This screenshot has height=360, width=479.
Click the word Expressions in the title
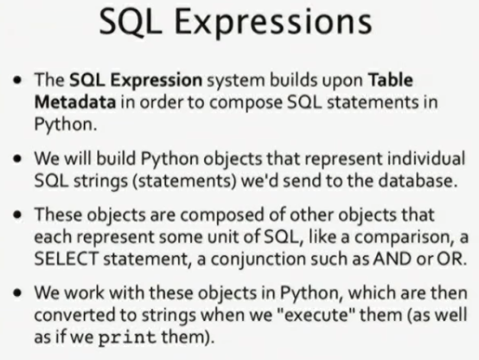(x=273, y=22)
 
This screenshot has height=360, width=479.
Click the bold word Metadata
(x=75, y=102)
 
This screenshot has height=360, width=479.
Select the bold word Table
(x=391, y=80)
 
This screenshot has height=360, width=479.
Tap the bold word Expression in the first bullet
(x=156, y=81)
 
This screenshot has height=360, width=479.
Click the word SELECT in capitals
(x=67, y=259)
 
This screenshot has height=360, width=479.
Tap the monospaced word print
(x=127, y=337)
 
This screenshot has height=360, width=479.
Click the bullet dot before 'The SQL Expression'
(x=17, y=80)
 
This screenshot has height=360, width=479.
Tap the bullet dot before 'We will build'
(x=17, y=158)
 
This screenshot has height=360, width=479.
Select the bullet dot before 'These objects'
(x=17, y=215)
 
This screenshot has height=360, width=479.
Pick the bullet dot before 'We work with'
(x=17, y=293)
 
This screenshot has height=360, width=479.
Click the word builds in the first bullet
(x=294, y=80)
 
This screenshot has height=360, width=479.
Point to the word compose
(x=246, y=103)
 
